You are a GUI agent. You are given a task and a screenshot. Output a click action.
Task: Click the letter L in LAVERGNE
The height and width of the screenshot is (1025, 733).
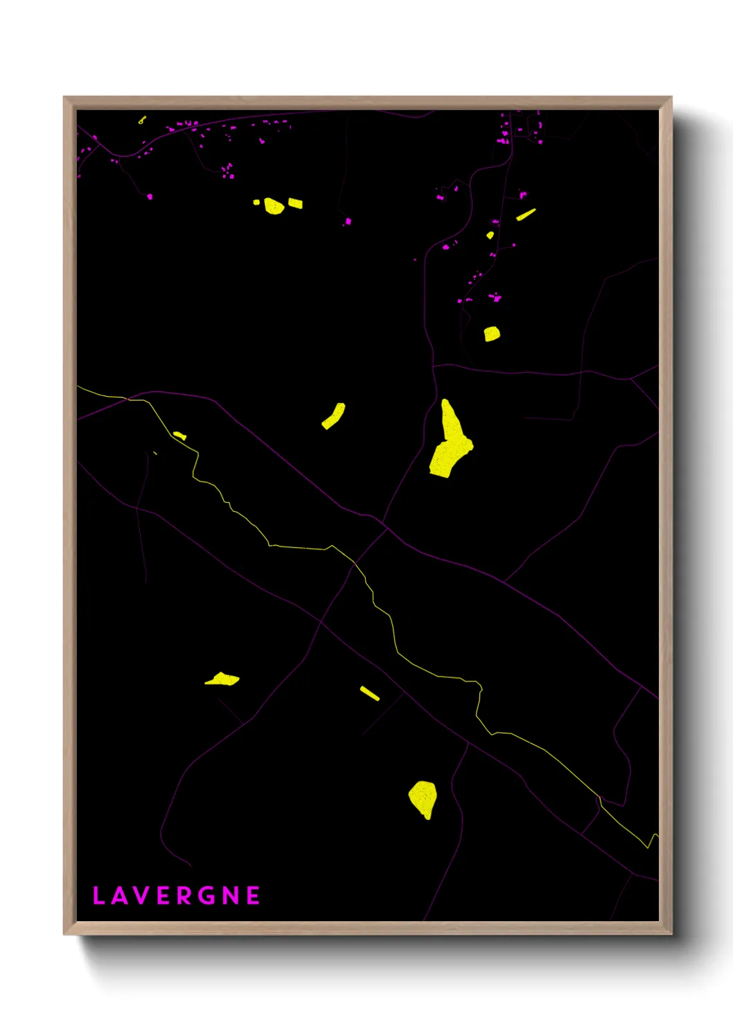pyautogui.click(x=98, y=896)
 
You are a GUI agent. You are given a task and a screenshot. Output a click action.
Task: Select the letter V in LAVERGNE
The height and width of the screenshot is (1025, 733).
pyautogui.click(x=141, y=896)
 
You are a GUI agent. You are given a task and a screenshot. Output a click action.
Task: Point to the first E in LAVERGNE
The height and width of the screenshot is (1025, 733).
pyautogui.click(x=163, y=896)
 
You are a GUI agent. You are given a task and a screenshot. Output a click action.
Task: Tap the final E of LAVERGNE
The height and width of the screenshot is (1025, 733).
pyautogui.click(x=254, y=896)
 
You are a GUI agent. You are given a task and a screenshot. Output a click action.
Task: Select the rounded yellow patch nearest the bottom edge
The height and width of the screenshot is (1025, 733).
pyautogui.click(x=423, y=799)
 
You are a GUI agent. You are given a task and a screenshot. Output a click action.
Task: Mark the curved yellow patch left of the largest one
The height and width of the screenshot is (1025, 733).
pyautogui.click(x=334, y=416)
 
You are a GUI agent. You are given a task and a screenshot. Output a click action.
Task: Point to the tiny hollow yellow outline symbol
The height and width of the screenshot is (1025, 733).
pyautogui.click(x=142, y=120)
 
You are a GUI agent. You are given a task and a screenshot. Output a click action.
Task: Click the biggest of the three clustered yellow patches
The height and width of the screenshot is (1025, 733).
pyautogui.click(x=274, y=206)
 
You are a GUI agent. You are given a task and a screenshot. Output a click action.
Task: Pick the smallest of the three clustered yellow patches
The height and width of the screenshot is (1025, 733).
pyautogui.click(x=256, y=202)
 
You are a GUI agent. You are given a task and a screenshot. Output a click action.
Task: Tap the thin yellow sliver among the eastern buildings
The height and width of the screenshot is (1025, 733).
pyautogui.click(x=526, y=214)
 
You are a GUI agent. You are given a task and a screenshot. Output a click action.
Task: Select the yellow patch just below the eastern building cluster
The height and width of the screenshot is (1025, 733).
pyautogui.click(x=492, y=334)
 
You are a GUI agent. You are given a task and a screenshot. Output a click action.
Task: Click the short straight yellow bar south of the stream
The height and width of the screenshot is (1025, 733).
pyautogui.click(x=369, y=693)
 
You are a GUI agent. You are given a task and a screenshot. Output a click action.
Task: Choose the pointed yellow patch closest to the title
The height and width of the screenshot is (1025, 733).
pyautogui.click(x=222, y=679)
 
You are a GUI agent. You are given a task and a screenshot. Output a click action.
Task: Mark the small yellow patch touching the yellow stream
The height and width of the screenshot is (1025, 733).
pyautogui.click(x=179, y=436)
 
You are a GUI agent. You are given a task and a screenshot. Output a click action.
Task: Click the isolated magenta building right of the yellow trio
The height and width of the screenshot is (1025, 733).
pyautogui.click(x=348, y=222)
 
